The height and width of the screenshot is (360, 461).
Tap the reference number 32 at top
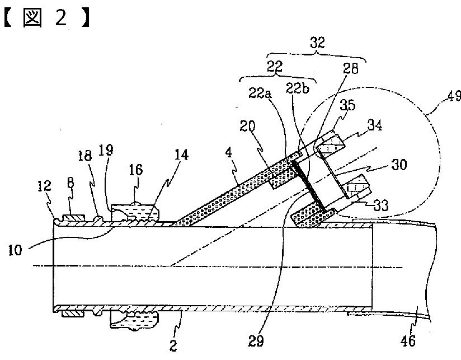coord(318,43)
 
